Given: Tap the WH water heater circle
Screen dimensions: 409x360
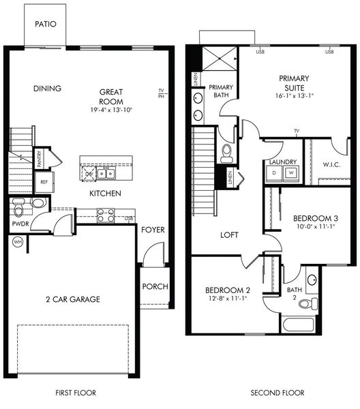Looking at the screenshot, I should (17, 241).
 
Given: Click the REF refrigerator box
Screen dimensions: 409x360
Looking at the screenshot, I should (43, 182).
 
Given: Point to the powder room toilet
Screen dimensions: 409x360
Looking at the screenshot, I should (20, 203).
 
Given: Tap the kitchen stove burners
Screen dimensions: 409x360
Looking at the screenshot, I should (105, 215).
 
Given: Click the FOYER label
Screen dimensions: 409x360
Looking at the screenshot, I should (153, 230).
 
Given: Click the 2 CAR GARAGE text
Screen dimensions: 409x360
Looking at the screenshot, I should (73, 299).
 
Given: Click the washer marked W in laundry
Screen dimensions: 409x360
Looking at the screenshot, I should (290, 173).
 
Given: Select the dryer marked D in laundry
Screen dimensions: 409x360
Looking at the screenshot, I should (274, 173).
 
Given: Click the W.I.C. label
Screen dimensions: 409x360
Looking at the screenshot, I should (331, 165).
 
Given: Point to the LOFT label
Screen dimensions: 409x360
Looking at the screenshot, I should (230, 235).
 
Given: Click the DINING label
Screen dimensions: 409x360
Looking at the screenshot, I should (47, 88).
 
